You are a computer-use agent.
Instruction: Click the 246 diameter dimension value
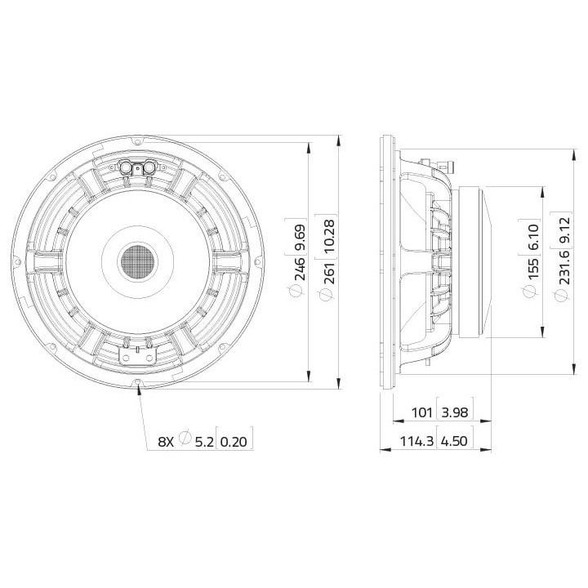300,274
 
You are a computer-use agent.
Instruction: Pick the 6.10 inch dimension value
533,239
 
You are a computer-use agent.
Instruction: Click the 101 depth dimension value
421,413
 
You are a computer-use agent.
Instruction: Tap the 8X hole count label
165,441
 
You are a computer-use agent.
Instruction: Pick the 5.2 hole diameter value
203,441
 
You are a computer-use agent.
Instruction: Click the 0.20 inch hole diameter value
234,441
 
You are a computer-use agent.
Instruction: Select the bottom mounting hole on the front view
139,383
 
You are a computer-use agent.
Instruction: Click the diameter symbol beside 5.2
185,441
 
